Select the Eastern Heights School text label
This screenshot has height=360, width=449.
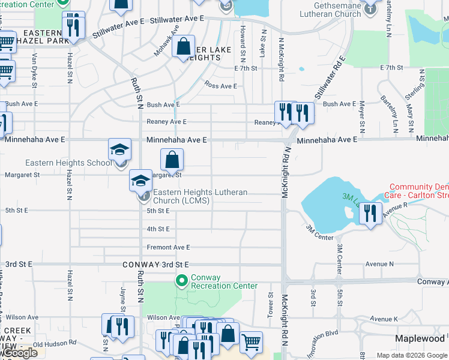[x=68, y=163]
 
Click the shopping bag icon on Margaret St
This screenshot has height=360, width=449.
[x=172, y=160]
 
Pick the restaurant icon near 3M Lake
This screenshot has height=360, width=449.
[x=371, y=213]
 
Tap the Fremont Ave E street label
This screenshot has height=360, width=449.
[x=168, y=247]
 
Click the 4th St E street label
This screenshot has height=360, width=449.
[x=159, y=229]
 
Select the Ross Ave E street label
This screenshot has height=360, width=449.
[x=221, y=86]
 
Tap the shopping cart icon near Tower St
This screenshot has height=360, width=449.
[x=251, y=342]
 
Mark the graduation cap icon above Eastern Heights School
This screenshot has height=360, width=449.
[x=119, y=149]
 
